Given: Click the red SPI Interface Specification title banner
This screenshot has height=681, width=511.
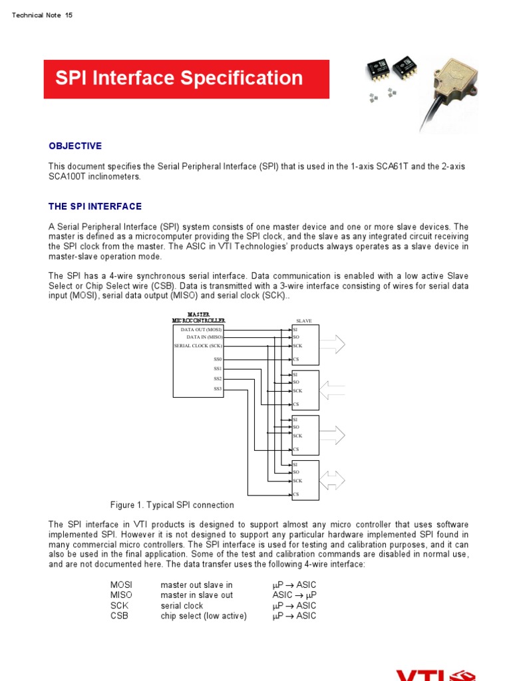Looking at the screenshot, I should coord(186,79).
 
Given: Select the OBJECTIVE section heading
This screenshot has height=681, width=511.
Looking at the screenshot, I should coord(75,146).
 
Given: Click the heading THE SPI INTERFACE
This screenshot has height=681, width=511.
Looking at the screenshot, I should coord(95,206).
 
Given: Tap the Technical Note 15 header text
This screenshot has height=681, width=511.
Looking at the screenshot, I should coord(42,15).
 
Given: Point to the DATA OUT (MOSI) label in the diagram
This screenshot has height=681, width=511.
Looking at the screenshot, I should coord(202,329).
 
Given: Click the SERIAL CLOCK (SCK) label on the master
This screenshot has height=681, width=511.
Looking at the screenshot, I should coord(198,346).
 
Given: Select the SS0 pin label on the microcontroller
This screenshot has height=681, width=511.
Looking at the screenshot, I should coord(218,359).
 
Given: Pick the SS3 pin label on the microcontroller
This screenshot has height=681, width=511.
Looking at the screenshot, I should coord(218,388).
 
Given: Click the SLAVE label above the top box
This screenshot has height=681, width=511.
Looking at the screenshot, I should coord(303,321).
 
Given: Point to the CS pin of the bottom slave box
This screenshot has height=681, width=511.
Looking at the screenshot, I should coord(296,494).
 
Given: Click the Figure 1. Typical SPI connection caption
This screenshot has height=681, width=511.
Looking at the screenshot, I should coord(172,505).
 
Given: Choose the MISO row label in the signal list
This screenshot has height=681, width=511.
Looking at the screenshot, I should coord(121,595).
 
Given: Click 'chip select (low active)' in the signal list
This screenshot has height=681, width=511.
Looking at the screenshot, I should coord(204,616).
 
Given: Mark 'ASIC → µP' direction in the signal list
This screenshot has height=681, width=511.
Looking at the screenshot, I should coord(294,595).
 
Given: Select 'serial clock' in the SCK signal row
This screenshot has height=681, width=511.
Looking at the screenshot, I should coord(182,606).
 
